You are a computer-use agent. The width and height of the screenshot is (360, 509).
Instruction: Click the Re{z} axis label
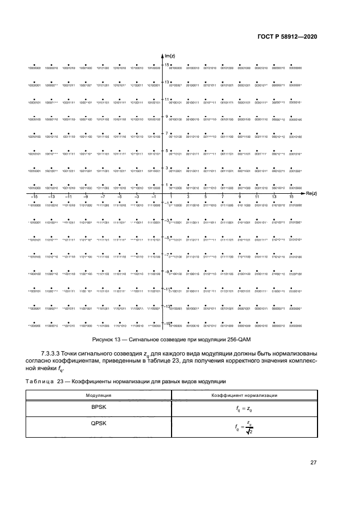coord(311,194)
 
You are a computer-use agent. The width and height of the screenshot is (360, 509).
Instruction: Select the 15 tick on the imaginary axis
coord(167,65)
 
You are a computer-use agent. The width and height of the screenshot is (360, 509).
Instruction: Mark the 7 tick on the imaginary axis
coord(167,133)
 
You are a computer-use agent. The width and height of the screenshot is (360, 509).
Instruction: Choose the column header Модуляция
coord(99,395)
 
